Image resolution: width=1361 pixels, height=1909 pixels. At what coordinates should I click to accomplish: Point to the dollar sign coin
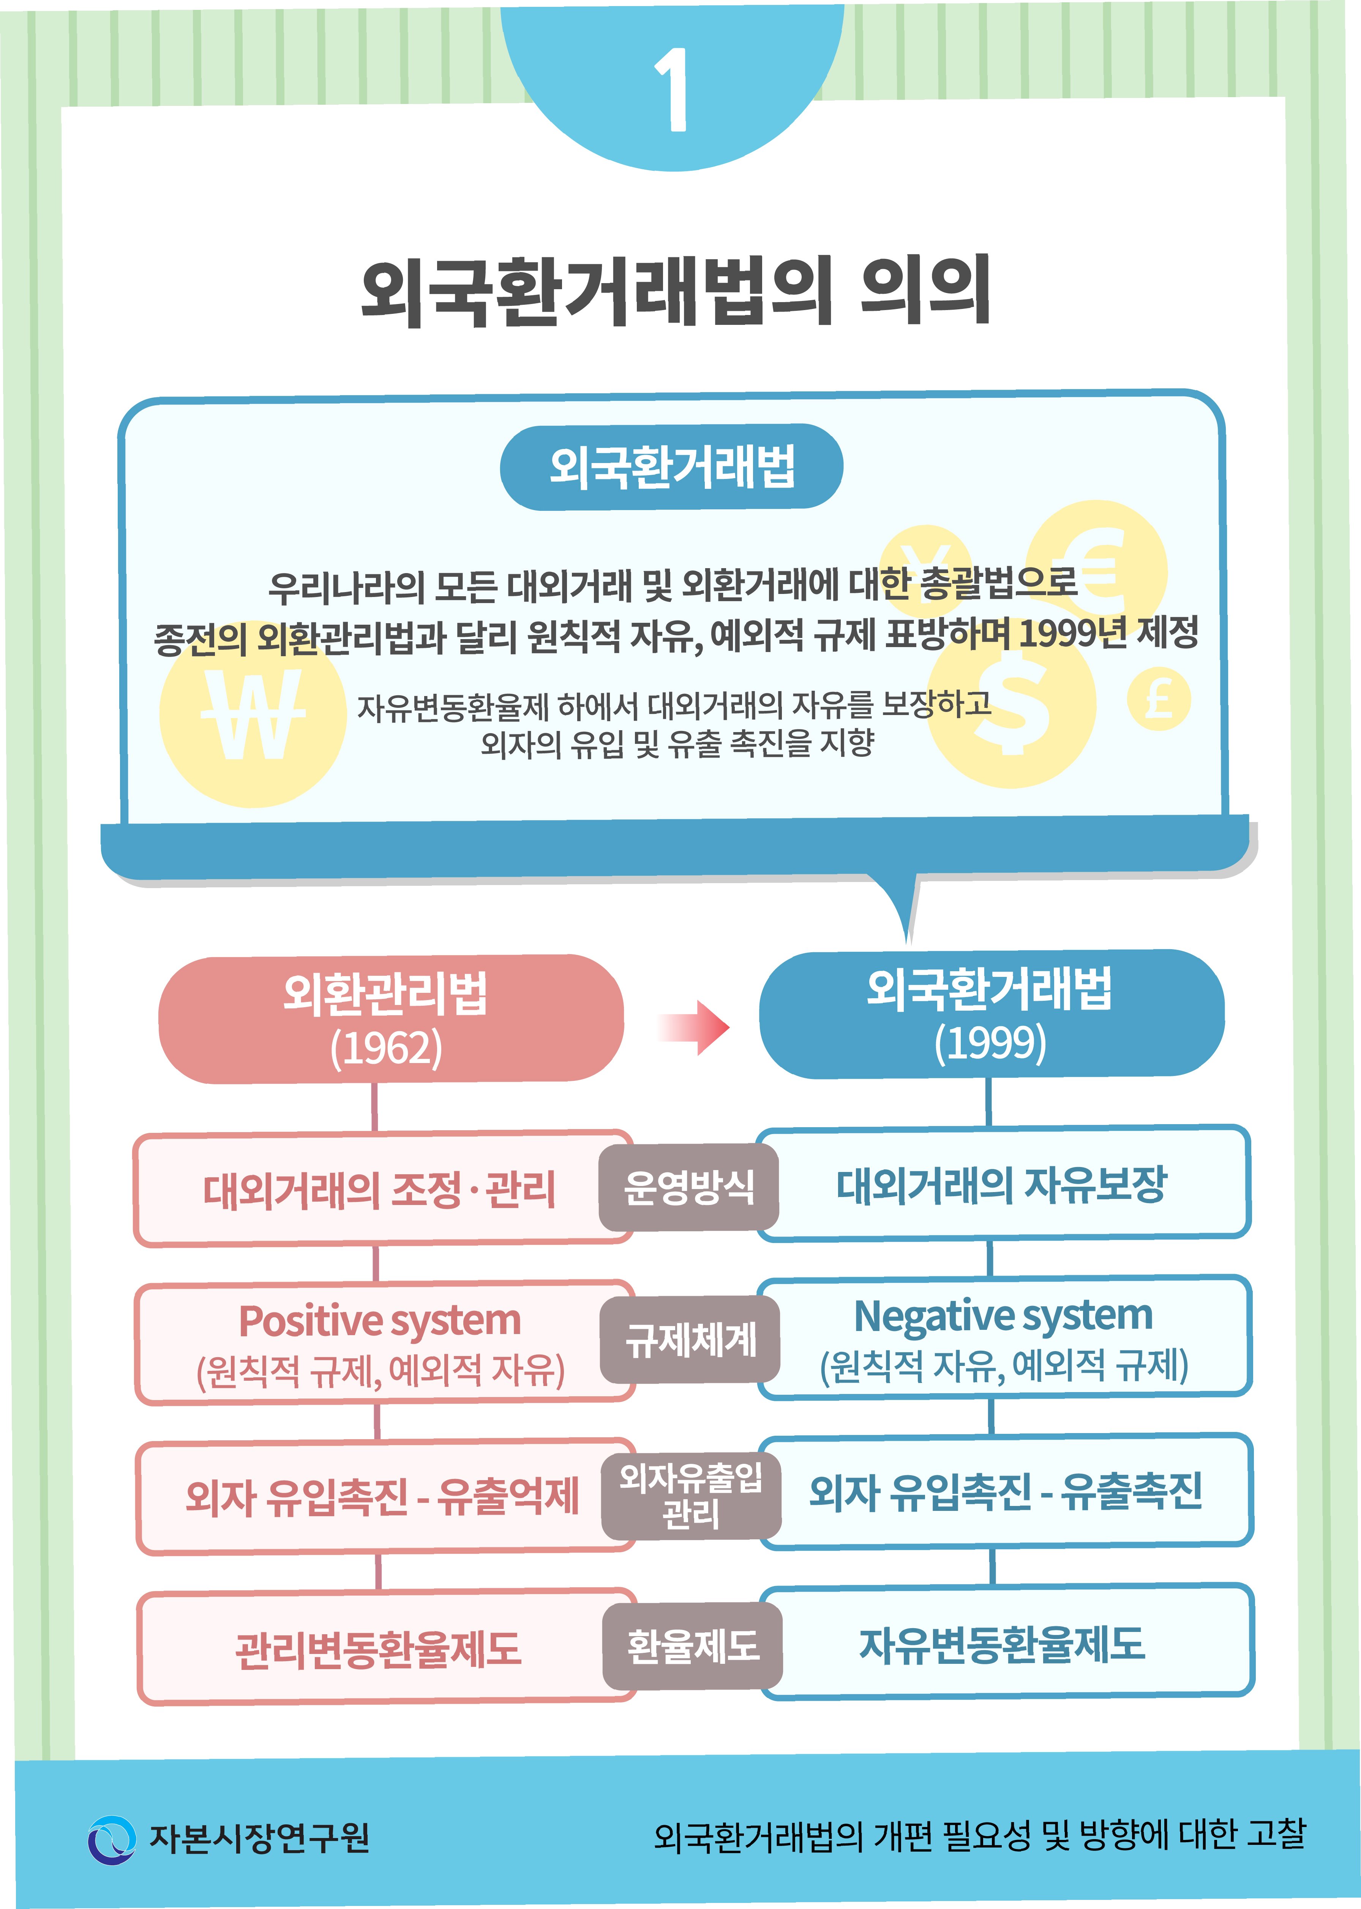point(1012,702)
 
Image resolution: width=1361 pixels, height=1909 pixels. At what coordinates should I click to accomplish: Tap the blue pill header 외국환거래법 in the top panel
point(671,466)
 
